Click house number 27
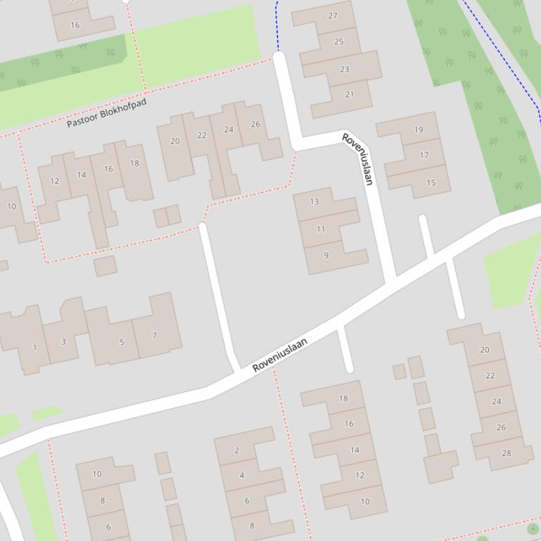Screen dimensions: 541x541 [x=333, y=15]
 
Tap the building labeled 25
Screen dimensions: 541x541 [x=338, y=41]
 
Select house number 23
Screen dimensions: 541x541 [x=344, y=69]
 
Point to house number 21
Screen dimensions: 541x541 [x=350, y=94]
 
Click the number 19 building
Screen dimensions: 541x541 [x=419, y=129]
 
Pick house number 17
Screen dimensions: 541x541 [x=424, y=155]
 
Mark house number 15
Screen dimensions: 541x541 [x=431, y=183]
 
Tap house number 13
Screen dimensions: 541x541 [x=314, y=202]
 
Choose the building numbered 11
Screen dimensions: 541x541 [x=321, y=229]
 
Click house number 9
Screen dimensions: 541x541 [x=326, y=255]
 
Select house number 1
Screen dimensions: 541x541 [x=34, y=347]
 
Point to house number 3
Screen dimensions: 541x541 [x=63, y=341]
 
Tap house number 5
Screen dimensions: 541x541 [x=121, y=342]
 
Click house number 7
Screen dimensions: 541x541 [x=155, y=335]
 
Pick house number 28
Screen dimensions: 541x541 [x=506, y=453]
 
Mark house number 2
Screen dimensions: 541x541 [x=236, y=450]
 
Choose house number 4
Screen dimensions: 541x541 [x=242, y=476]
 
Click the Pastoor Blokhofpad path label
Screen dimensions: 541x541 [x=107, y=113]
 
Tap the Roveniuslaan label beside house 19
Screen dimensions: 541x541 [x=357, y=158]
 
